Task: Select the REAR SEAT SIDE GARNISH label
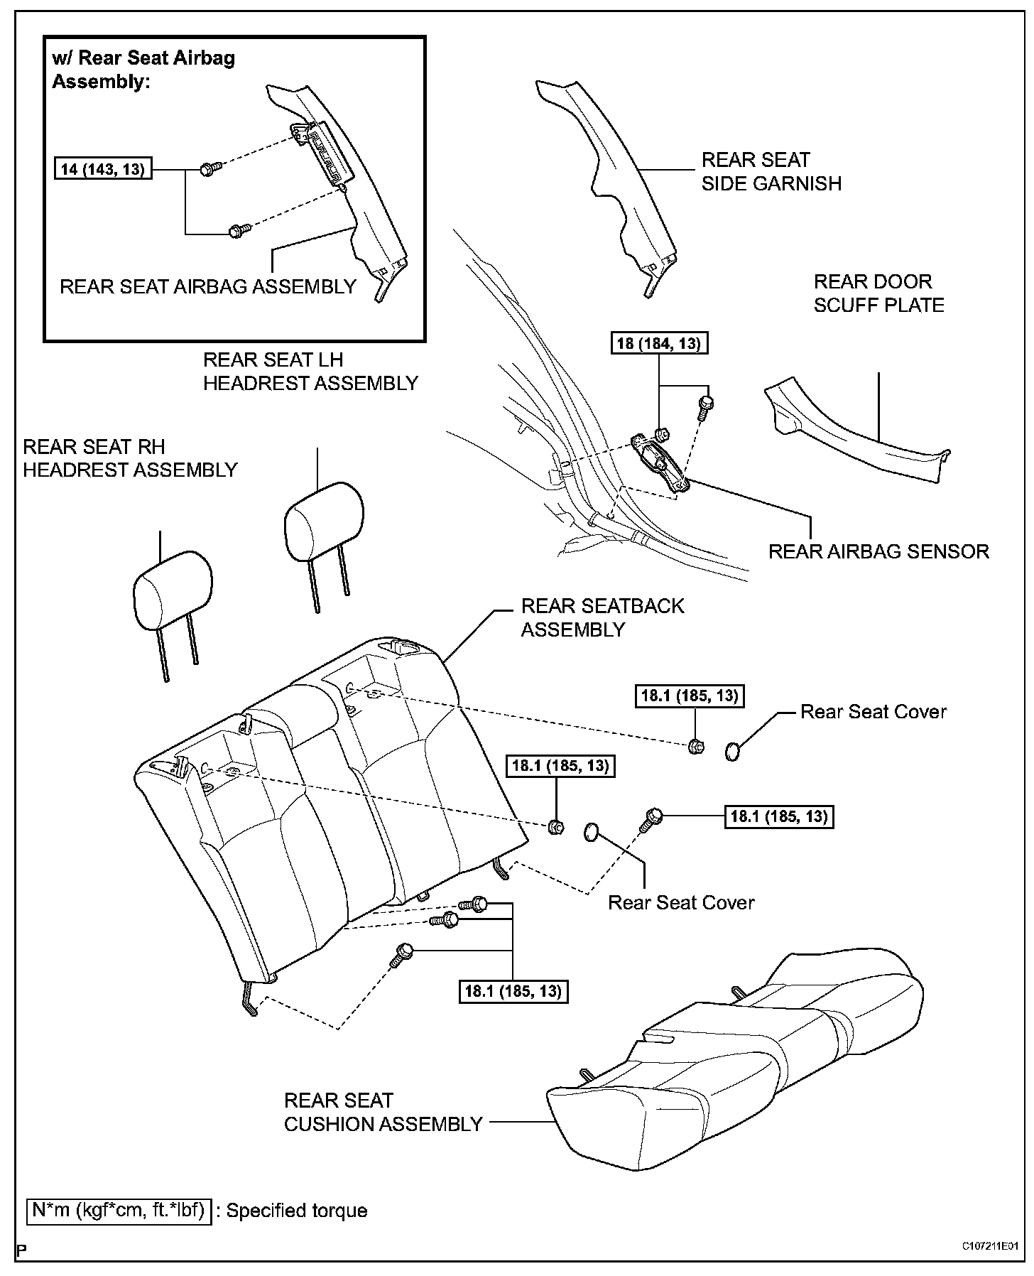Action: pyautogui.click(x=771, y=171)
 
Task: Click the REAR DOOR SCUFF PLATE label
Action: pyautogui.click(x=878, y=293)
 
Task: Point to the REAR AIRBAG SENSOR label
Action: pyautogui.click(x=878, y=551)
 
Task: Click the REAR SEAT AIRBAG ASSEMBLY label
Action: pyautogui.click(x=207, y=286)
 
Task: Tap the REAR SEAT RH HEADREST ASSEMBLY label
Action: pyautogui.click(x=130, y=458)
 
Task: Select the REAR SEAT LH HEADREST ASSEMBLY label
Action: pyautogui.click(x=310, y=372)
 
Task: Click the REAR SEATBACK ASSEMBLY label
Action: pyautogui.click(x=602, y=617)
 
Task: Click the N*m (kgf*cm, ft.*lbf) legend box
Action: pyautogui.click(x=119, y=1210)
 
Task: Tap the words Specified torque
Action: pyautogui.click(x=297, y=1211)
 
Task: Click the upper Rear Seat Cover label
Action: pyautogui.click(x=873, y=712)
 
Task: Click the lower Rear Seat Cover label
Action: pyautogui.click(x=680, y=902)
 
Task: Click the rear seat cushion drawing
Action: pyautogui.click(x=739, y=1080)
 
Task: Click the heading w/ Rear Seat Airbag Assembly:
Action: pyautogui.click(x=143, y=69)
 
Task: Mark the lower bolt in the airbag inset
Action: pyautogui.click(x=238, y=230)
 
